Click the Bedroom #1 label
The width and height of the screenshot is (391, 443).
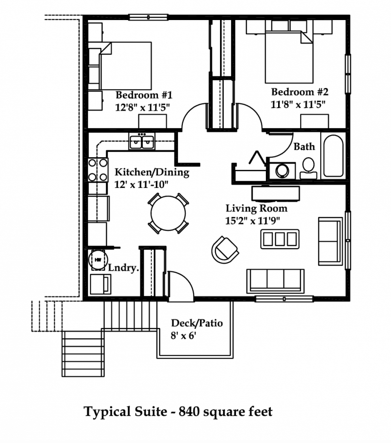pyautogui.click(x=144, y=95)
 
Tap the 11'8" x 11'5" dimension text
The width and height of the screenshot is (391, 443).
pyautogui.click(x=298, y=105)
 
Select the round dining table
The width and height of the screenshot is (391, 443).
pyautogui.click(x=169, y=213)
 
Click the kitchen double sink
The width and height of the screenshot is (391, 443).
pyautogui.click(x=142, y=142)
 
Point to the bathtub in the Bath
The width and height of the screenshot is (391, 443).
pyautogui.click(x=333, y=156)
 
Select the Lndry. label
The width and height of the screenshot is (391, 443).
pyautogui.click(x=124, y=268)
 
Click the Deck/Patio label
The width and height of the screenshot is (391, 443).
pyautogui.click(x=197, y=323)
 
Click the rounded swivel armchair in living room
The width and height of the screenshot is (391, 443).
pyautogui.click(x=224, y=250)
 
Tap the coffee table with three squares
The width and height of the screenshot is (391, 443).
pyautogui.click(x=280, y=239)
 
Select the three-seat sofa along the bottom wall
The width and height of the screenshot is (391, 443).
pyautogui.click(x=275, y=281)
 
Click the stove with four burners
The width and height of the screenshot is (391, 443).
pyautogui.click(x=98, y=170)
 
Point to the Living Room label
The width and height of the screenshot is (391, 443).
pyautogui.click(x=257, y=208)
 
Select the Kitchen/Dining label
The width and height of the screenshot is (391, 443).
pyautogui.click(x=152, y=172)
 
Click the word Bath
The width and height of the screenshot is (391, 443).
pyautogui.click(x=304, y=147)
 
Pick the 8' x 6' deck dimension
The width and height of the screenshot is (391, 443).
pyautogui.click(x=183, y=336)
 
